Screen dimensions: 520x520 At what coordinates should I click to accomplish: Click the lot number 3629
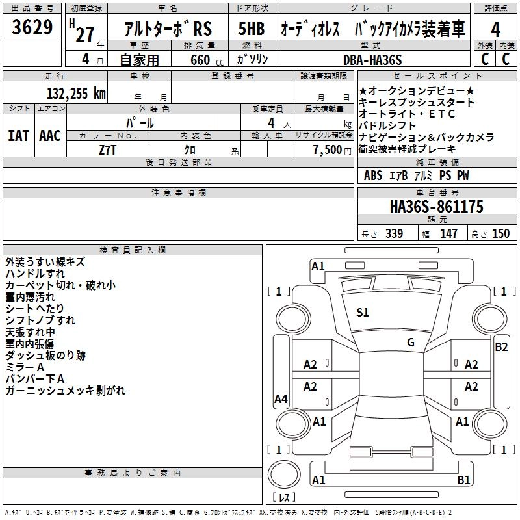click(x=33, y=28)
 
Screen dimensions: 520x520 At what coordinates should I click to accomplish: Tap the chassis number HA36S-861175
click(x=437, y=207)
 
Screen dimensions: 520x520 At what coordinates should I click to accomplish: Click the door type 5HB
click(x=251, y=29)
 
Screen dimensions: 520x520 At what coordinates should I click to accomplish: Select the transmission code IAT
click(x=18, y=136)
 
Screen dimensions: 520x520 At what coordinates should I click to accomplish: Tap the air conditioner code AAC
click(x=50, y=136)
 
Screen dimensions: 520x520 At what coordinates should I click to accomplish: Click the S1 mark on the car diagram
click(x=363, y=313)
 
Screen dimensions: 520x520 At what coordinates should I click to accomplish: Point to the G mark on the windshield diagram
click(x=411, y=342)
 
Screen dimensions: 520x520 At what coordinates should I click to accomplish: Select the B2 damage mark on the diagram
click(x=501, y=346)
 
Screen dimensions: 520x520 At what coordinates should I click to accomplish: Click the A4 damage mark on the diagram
click(x=281, y=399)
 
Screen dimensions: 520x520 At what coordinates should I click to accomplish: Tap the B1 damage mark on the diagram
click(x=463, y=480)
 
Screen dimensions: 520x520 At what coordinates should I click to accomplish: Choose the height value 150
click(x=500, y=234)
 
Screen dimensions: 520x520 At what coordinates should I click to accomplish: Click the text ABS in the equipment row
click(x=373, y=175)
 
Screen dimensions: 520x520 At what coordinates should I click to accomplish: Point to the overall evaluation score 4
click(x=496, y=29)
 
